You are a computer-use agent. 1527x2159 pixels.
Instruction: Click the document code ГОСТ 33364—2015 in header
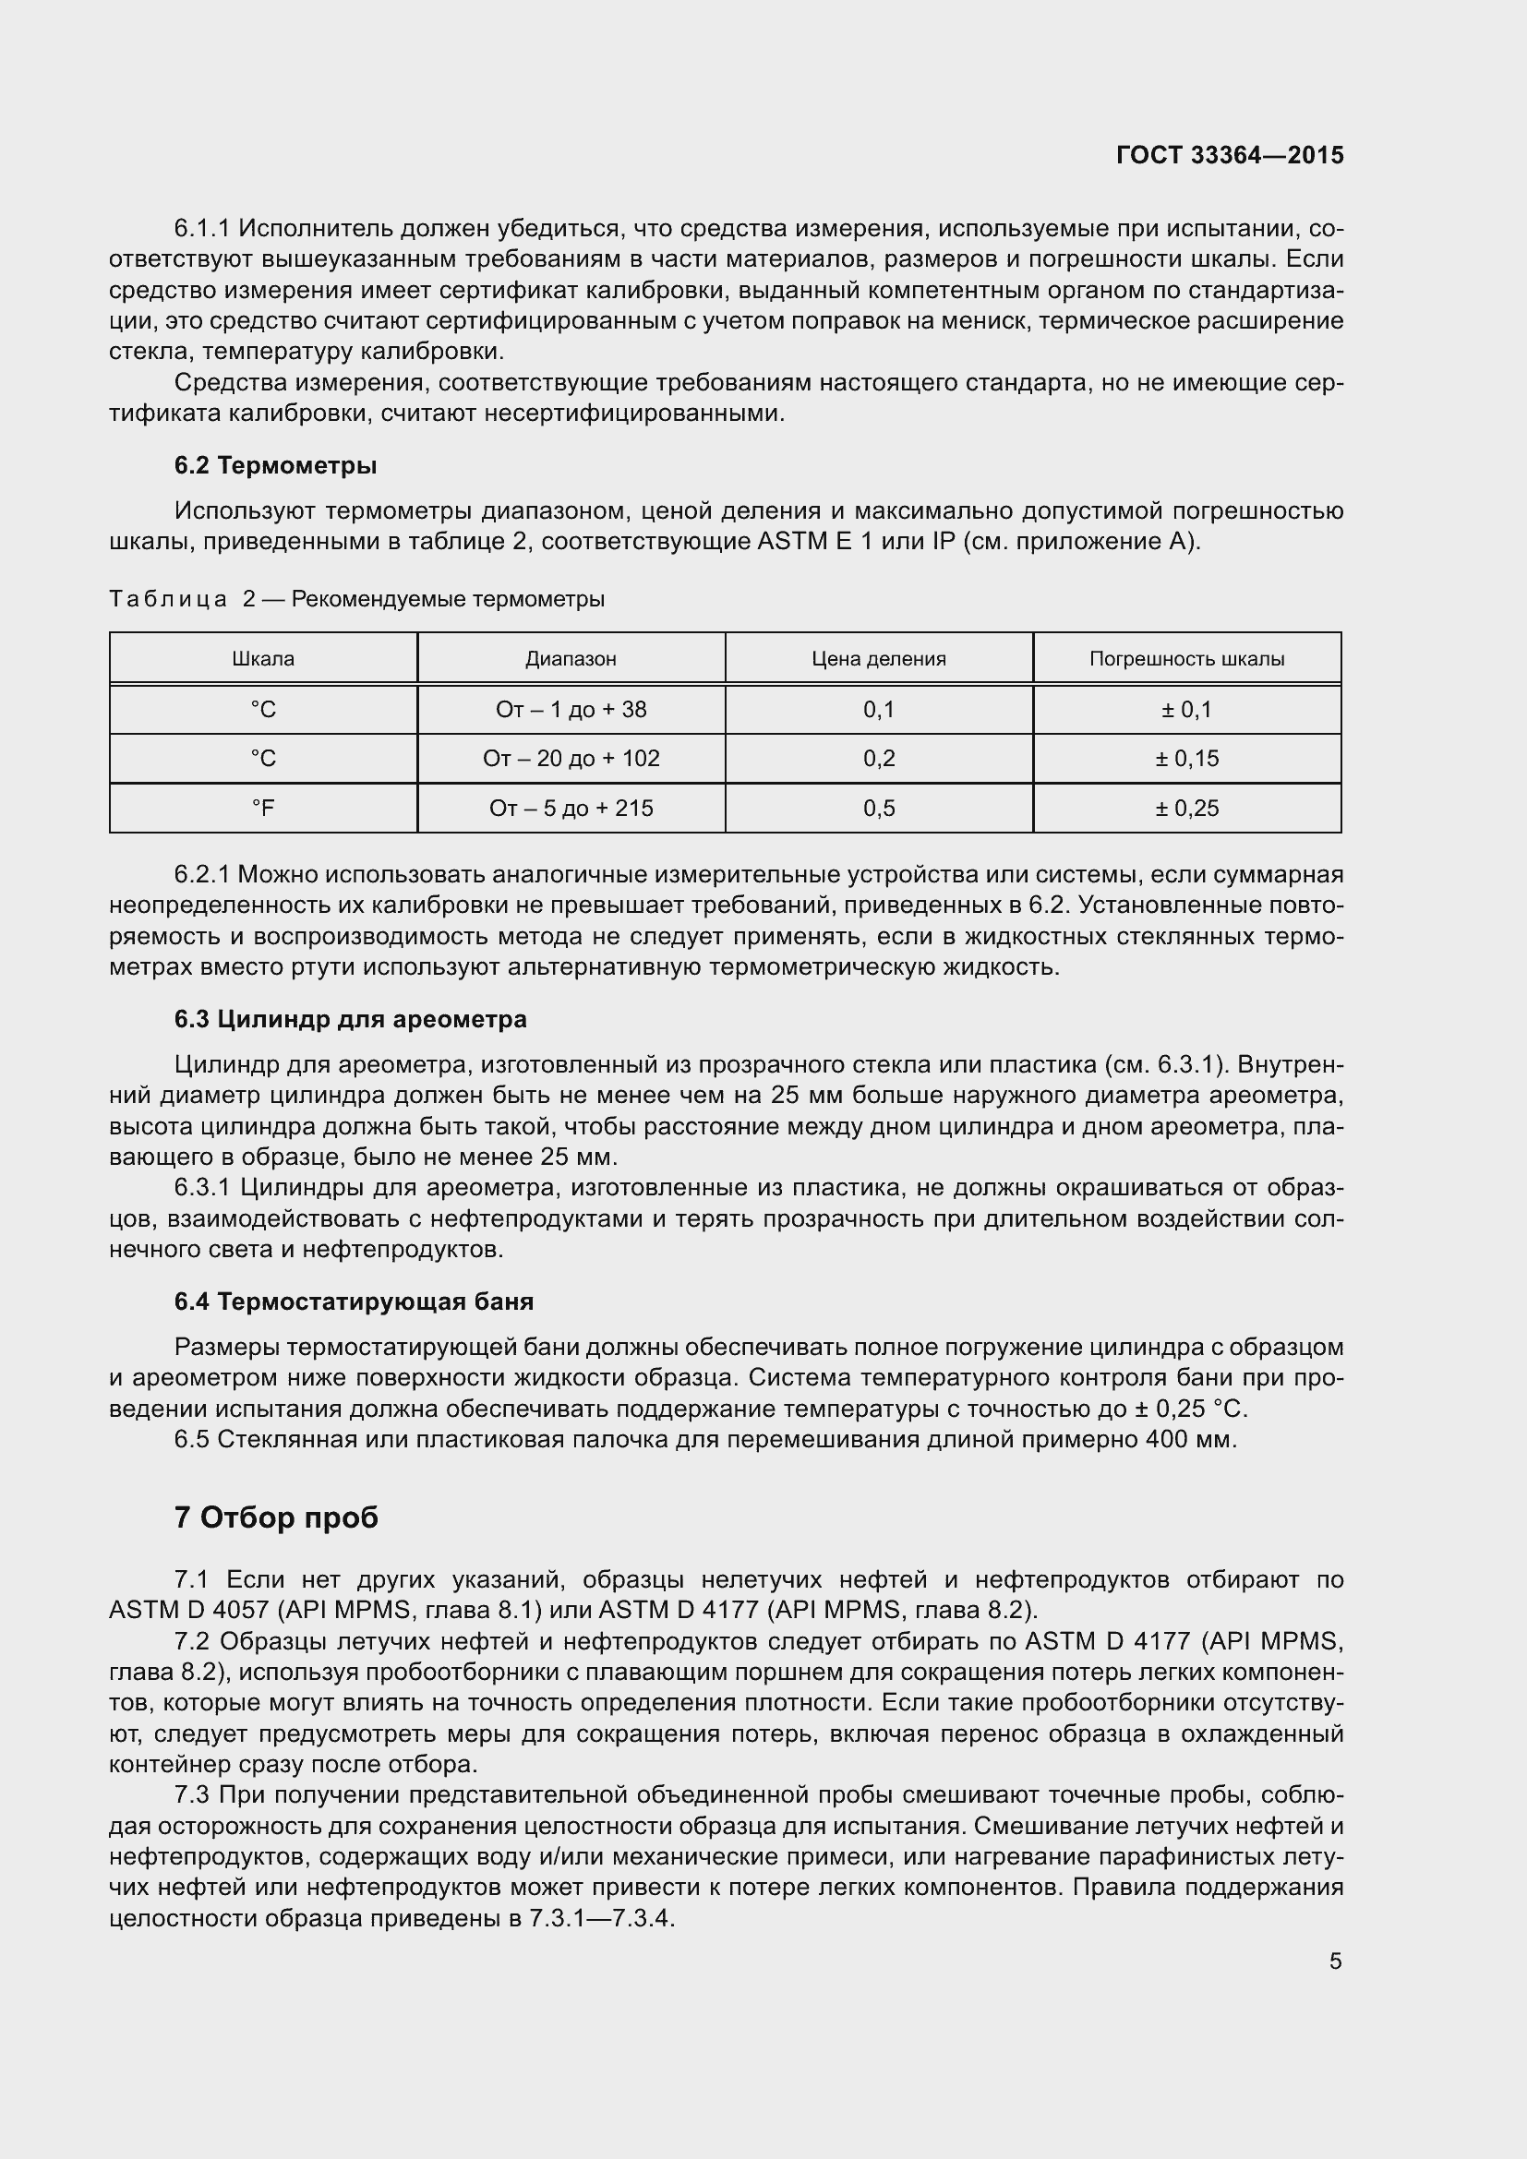[1230, 155]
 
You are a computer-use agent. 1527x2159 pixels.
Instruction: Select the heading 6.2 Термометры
[275, 465]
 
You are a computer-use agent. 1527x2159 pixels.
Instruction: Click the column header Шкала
[263, 658]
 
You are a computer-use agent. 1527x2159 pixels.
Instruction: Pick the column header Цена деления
[878, 658]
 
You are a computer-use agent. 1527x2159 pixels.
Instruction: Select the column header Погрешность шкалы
[1186, 658]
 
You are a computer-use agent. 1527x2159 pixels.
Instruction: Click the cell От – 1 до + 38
[571, 710]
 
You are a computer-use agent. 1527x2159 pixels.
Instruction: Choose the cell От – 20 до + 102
[571, 759]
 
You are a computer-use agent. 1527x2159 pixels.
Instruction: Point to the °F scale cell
[263, 808]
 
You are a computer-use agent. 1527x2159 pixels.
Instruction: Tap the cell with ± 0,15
[1186, 759]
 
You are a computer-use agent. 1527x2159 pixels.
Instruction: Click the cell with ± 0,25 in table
[1186, 808]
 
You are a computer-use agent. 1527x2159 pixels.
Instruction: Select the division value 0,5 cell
[878, 808]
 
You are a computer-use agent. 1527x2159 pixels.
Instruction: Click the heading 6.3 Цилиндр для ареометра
[350, 1019]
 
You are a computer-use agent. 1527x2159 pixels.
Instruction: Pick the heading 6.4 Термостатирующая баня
[354, 1301]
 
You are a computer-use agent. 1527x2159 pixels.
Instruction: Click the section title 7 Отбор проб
[275, 1517]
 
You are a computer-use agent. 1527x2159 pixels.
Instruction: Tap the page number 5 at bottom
[1335, 1961]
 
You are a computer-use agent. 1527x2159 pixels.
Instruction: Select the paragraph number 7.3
[191, 1795]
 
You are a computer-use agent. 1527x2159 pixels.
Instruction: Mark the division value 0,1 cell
[878, 710]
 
